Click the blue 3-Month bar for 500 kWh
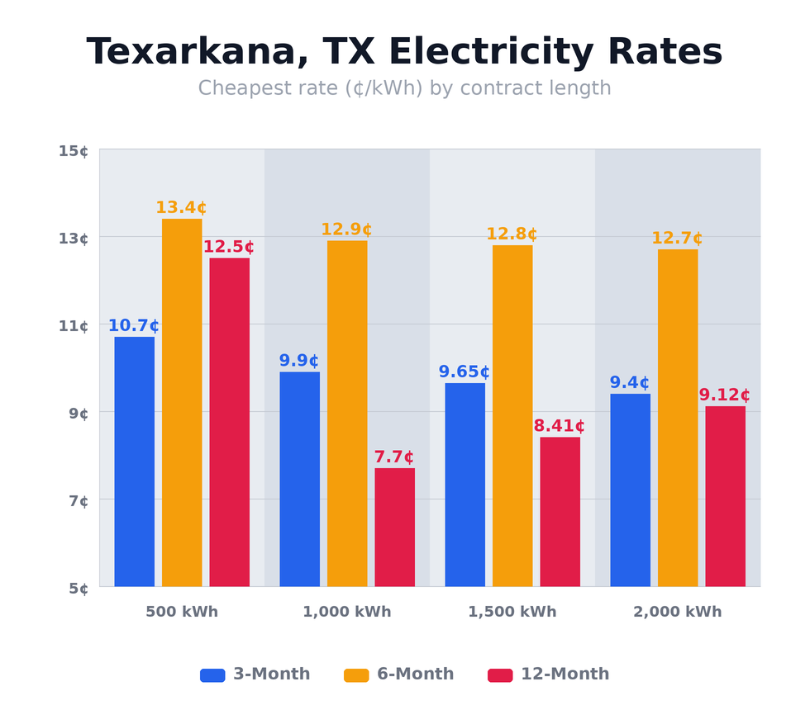pos(134,461)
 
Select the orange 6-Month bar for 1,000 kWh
pos(347,413)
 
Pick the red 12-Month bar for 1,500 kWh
pos(560,512)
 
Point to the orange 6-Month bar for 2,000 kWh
pos(678,418)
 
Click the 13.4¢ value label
pos(181,208)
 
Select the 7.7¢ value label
pos(394,457)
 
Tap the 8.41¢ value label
pos(559,427)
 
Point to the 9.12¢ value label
pos(724,395)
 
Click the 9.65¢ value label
pos(464,372)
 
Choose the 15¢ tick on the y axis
pos(74,150)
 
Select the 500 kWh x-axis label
pos(182,613)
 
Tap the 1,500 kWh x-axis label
pos(512,613)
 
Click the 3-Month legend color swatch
pos(212,675)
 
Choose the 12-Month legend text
pos(565,674)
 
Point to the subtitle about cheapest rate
pos(405,88)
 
